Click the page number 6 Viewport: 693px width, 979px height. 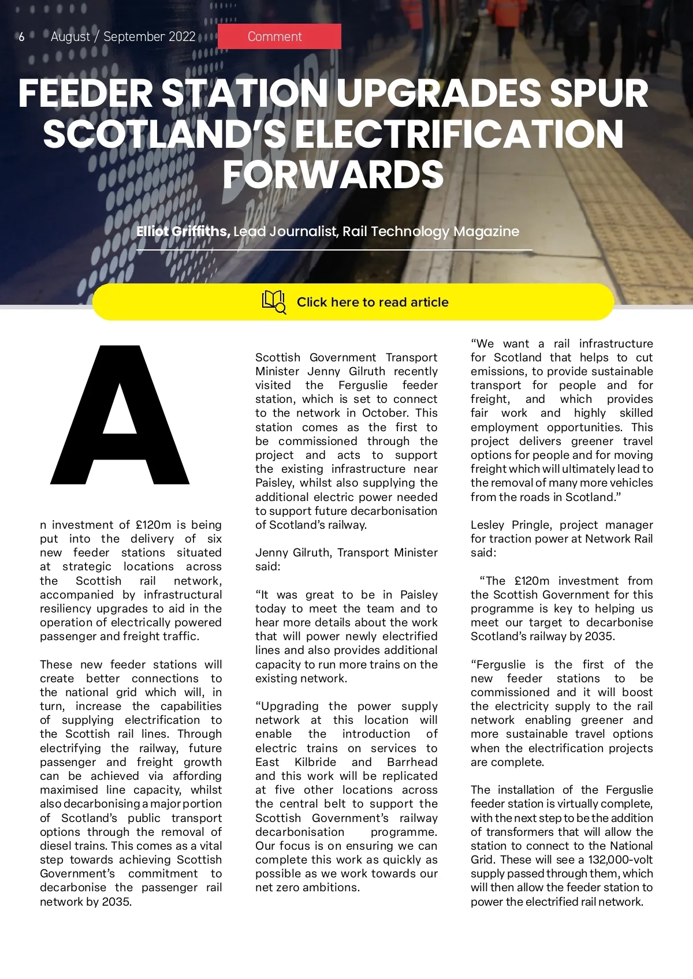21,37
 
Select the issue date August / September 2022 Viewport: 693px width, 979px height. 123,37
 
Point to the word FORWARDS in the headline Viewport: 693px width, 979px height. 333,174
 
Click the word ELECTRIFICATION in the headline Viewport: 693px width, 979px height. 460,134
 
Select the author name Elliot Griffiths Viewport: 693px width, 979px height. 183,231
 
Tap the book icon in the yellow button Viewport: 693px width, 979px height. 274,301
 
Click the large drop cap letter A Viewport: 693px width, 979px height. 120,414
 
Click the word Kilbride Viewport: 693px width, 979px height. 315,762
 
